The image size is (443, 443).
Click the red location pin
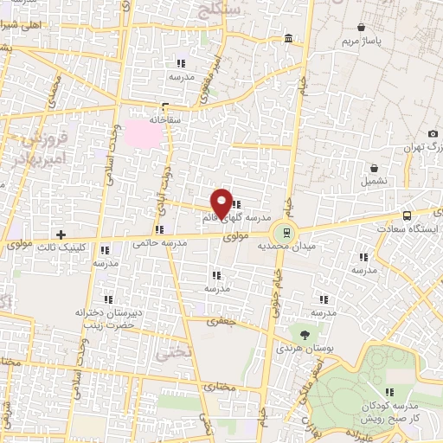click(x=221, y=202)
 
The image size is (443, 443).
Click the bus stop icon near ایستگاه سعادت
click(x=407, y=215)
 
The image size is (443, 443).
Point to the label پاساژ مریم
click(x=360, y=41)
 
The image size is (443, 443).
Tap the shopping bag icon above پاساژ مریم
click(x=360, y=26)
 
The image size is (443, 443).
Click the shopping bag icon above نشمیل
click(x=374, y=169)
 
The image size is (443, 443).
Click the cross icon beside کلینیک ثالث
click(x=61, y=234)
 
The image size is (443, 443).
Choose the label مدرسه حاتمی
click(x=160, y=244)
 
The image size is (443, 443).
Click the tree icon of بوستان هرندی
click(x=304, y=334)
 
